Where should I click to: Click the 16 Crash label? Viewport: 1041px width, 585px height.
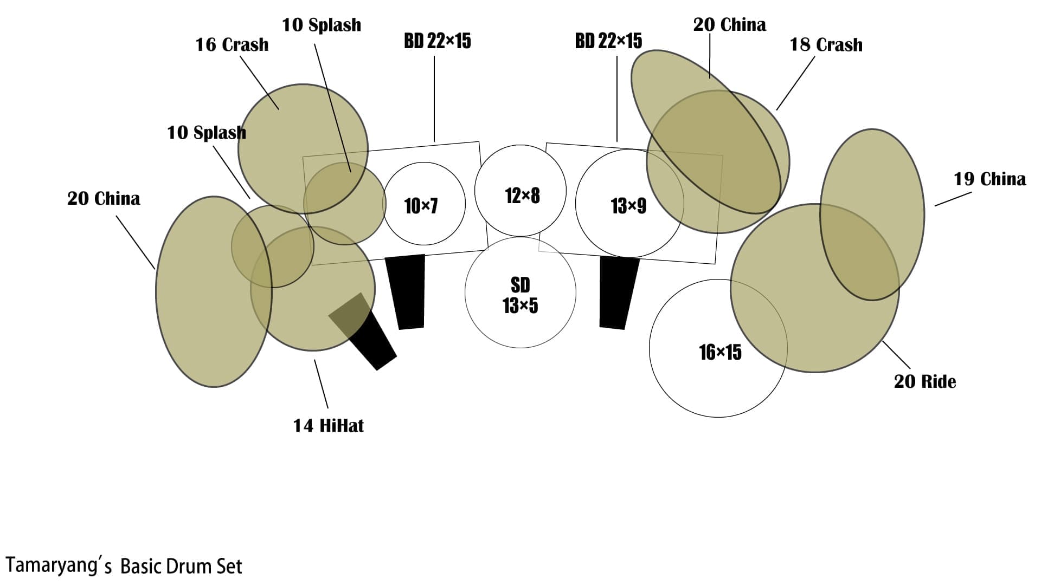click(x=232, y=44)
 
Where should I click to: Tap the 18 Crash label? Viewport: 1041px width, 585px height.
click(x=826, y=44)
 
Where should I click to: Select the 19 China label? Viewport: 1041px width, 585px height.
click(x=989, y=179)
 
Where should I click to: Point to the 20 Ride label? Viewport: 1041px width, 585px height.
click(x=924, y=381)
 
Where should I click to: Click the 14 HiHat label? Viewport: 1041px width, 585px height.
click(x=329, y=426)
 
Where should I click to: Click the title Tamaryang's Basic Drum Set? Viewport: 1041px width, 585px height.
click(x=124, y=566)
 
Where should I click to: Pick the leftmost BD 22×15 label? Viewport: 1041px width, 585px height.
click(x=437, y=41)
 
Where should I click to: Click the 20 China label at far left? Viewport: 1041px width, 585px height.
click(x=104, y=199)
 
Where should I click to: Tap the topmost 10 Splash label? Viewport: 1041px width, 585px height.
click(x=322, y=25)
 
